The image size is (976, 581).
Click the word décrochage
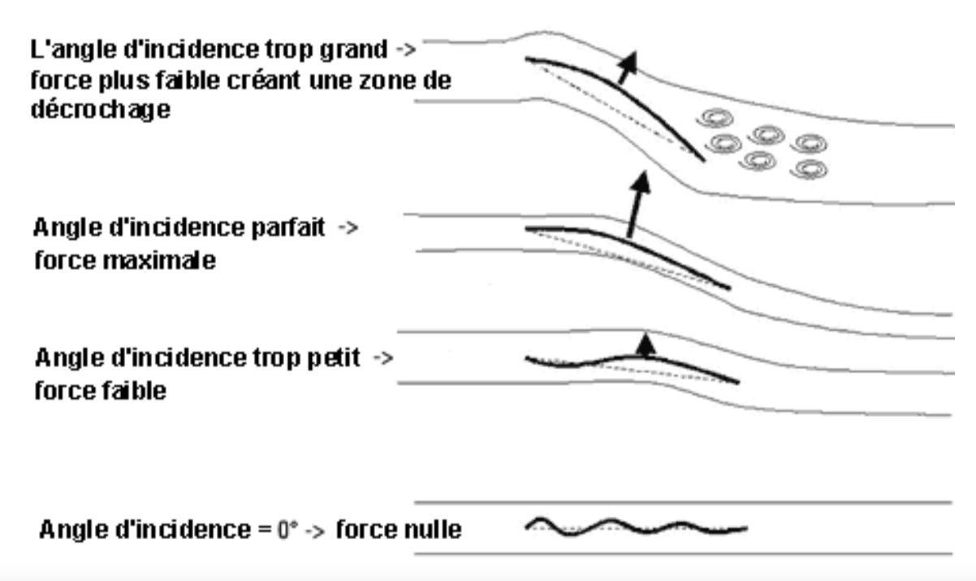tap(100, 110)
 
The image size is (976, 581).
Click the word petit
tap(334, 358)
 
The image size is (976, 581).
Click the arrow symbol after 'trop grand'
tap(405, 50)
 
